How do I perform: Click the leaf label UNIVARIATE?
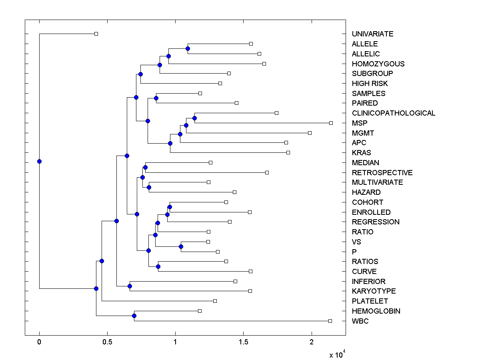coord(372,34)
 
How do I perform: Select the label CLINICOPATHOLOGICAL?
coord(393,113)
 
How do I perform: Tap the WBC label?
coord(360,321)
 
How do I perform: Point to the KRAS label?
coord(361,153)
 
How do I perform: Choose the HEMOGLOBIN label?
coord(376,311)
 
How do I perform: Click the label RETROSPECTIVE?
coord(382,173)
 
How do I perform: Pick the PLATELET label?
coord(370,301)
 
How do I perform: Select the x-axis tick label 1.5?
coord(243,343)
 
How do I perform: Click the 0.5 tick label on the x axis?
coord(107,343)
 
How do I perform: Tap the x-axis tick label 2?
coord(311,343)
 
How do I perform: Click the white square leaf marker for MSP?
coord(331,123)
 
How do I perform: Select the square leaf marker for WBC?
coord(330,321)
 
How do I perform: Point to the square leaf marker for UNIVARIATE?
coord(96,34)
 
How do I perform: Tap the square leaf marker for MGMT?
coord(310,133)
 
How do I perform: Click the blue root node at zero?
coord(39,161)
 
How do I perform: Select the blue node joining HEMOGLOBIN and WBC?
coord(134,316)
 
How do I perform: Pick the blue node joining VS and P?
coord(181,246)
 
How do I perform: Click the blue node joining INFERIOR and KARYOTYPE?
coord(130,286)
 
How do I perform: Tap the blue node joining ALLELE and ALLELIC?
coord(188,48)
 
